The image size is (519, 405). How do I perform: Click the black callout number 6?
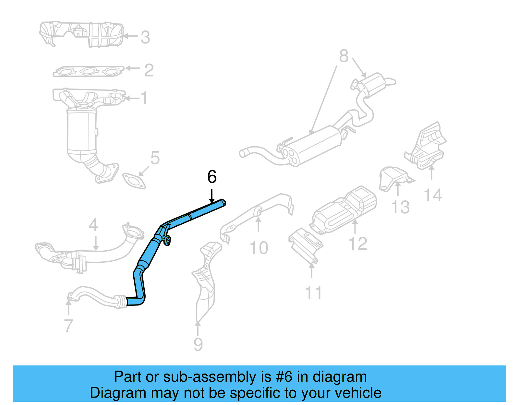click(x=212, y=177)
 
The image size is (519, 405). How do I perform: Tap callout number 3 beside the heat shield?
click(x=145, y=37)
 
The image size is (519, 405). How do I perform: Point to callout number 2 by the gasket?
click(x=149, y=70)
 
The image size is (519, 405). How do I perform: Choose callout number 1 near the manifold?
click(x=144, y=98)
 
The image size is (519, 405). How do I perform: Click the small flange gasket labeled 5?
click(x=134, y=181)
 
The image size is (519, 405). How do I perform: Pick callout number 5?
click(x=155, y=158)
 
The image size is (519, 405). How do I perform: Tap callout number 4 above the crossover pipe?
click(x=93, y=225)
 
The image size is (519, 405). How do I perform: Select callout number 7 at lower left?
click(x=68, y=326)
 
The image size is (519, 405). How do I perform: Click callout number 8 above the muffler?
click(x=344, y=56)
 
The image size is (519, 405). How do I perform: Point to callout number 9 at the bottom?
click(x=198, y=344)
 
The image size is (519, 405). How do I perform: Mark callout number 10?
click(x=259, y=248)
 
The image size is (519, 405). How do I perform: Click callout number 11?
click(x=313, y=292)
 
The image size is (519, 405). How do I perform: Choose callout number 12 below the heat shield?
click(x=358, y=244)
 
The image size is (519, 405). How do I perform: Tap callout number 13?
click(x=401, y=207)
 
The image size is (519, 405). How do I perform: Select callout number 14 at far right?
click(x=433, y=196)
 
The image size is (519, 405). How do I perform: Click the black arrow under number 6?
click(x=212, y=197)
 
